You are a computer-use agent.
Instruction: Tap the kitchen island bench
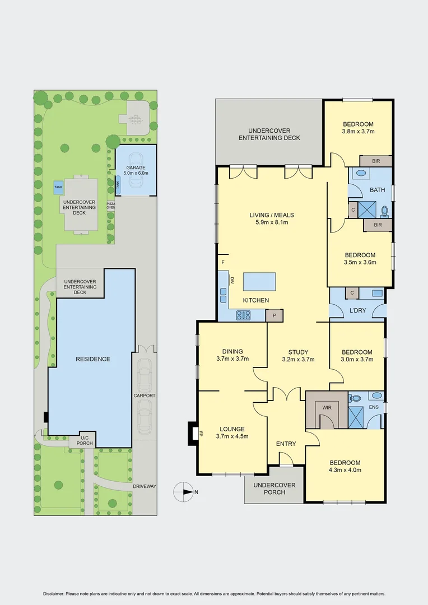pos(259,281)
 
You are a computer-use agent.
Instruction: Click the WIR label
pos(327,407)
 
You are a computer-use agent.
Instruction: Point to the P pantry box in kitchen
pos(275,315)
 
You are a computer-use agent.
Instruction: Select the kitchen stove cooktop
pos(243,315)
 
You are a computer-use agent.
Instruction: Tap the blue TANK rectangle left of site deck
pos(58,187)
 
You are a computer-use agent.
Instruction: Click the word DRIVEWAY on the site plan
pos(145,486)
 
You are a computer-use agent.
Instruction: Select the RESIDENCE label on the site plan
pos(93,359)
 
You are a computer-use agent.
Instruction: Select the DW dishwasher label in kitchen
pos(231,280)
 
